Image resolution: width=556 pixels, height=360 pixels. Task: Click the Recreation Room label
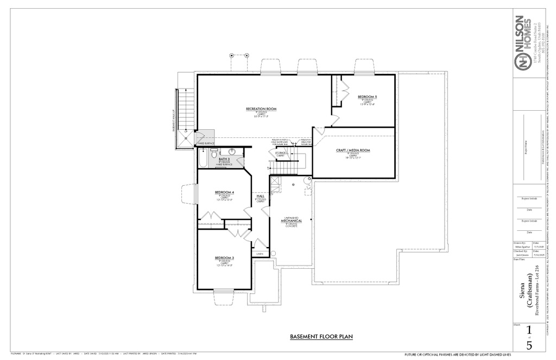261,109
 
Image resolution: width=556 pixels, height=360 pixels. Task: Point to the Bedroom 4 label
224,193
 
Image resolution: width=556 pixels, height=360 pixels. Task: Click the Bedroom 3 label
224,258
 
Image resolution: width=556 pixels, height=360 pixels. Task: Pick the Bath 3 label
224,159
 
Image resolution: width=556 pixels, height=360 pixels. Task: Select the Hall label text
260,196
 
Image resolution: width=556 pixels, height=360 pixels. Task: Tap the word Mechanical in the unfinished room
292,221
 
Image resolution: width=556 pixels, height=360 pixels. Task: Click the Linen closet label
260,254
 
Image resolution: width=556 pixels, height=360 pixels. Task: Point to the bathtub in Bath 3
203,158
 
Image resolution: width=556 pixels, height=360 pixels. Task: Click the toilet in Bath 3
214,151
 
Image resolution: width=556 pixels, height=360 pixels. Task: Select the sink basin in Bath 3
232,151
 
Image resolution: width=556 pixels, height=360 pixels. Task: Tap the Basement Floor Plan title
321,337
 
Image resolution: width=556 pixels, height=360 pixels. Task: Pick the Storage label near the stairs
281,153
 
